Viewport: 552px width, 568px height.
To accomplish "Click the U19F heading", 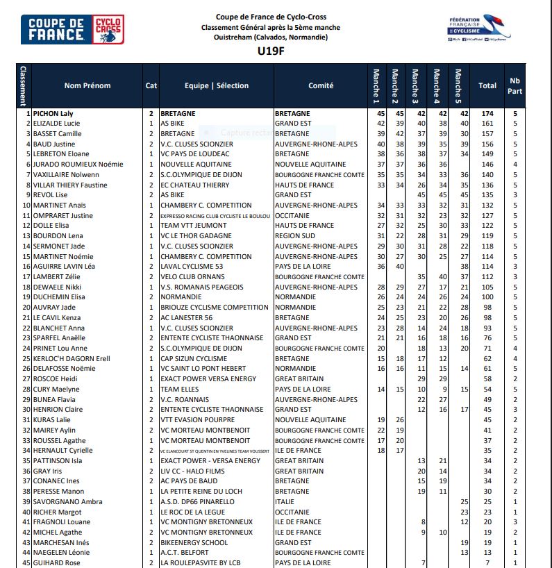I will [x=271, y=50].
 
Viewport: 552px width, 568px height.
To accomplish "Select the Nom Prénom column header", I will [x=87, y=86].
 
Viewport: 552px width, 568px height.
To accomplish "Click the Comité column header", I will [x=321, y=86].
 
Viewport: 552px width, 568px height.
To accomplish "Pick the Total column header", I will [x=487, y=86].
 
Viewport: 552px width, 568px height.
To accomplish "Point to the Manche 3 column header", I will [x=415, y=86].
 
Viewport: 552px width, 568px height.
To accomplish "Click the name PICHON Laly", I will [x=53, y=113].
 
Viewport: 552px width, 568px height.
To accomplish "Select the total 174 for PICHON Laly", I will [x=487, y=113].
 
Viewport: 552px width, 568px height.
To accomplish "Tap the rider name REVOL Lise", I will [x=50, y=195].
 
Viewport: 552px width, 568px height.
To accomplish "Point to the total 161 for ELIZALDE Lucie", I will [x=487, y=124].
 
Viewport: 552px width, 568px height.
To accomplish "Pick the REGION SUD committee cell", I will [x=295, y=236].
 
